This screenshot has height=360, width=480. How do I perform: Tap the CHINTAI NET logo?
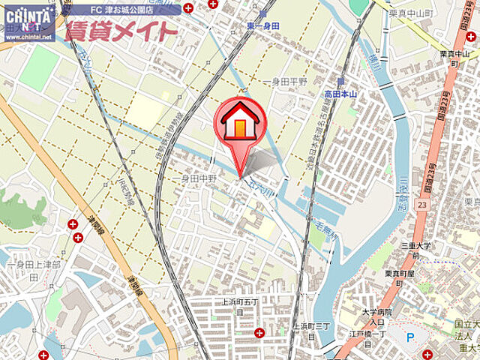[x=28, y=16]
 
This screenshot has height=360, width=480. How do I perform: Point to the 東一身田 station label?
[x=260, y=25]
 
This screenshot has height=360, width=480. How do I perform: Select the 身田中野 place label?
[x=198, y=178]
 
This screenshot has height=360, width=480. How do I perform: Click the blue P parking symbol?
[x=409, y=337]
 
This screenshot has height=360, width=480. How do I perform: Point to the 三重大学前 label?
[x=418, y=250]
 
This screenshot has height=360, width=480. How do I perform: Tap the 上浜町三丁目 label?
[x=311, y=331]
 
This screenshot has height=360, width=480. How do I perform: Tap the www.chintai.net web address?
[x=27, y=36]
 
